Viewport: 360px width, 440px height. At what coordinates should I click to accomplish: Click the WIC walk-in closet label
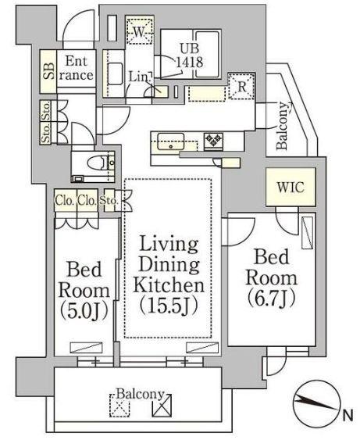[290, 187]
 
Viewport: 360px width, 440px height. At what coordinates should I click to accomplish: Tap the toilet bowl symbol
[97, 163]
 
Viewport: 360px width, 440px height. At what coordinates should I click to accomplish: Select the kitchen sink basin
[171, 141]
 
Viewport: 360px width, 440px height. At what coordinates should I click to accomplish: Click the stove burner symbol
[214, 140]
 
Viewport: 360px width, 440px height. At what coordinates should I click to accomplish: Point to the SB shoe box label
[48, 71]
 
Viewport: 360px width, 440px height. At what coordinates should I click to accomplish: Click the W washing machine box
[139, 30]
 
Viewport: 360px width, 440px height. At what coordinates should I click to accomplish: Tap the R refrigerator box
[241, 86]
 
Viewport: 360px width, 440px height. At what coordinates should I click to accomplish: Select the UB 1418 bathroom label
[190, 55]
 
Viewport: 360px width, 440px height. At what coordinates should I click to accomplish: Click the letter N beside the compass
[348, 415]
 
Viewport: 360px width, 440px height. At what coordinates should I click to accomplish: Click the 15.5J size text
[169, 305]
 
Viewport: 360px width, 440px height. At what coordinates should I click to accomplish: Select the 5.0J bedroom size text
[84, 310]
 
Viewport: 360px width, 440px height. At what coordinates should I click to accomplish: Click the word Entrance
[76, 68]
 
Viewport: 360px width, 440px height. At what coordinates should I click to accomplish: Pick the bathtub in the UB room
[207, 54]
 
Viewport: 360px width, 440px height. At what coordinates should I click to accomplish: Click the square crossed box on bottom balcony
[162, 405]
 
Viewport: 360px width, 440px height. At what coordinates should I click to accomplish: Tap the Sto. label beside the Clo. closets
[109, 201]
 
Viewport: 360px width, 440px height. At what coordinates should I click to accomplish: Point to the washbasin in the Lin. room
[115, 73]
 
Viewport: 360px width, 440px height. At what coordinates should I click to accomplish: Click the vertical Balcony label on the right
[282, 126]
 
